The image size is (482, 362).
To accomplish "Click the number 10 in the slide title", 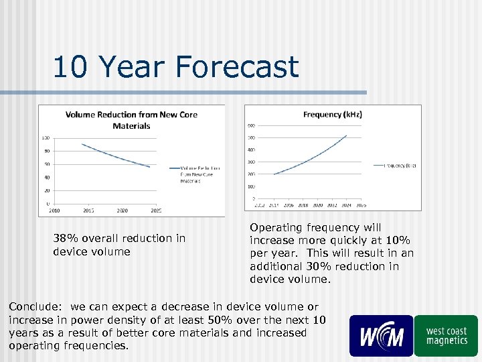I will (68, 68).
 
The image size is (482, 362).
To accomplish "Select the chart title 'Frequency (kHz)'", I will (333, 115).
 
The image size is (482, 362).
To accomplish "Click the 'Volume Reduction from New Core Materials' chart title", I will (131, 120).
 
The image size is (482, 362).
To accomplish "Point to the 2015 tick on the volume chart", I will (88, 210).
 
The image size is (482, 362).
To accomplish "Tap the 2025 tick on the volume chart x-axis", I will (156, 210).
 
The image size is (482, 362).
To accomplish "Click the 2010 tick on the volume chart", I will (54, 210).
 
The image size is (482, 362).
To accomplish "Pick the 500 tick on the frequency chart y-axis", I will (251, 137).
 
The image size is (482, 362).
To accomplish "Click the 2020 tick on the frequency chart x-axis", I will (317, 205).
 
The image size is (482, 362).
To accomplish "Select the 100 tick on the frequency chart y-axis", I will (251, 186).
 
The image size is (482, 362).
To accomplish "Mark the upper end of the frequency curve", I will (347, 135).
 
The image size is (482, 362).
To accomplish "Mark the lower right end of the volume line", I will (150, 167).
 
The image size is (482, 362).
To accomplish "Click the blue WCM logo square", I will (381, 336).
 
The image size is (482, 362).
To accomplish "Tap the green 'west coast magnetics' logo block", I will (446, 336).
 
